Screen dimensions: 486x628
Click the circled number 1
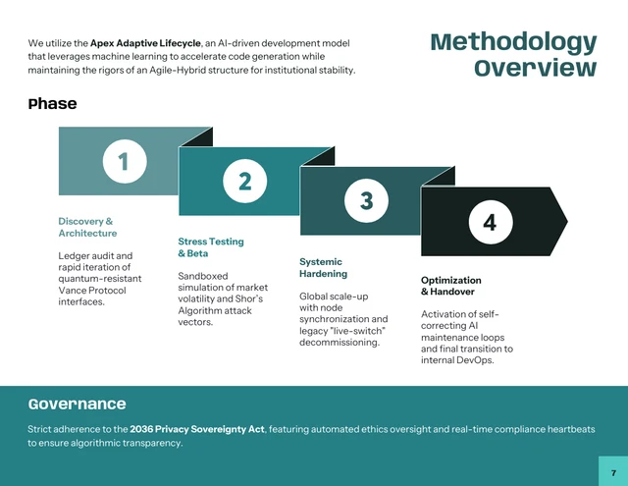pyautogui.click(x=124, y=161)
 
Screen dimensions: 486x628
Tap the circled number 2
pyautogui.click(x=245, y=180)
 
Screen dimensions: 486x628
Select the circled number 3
pyautogui.click(x=366, y=201)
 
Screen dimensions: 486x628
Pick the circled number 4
pyautogui.click(x=490, y=222)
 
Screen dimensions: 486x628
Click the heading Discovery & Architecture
pyautogui.click(x=86, y=227)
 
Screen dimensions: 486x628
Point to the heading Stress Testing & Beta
pyautogui.click(x=210, y=246)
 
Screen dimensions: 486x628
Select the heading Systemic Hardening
pyautogui.click(x=323, y=267)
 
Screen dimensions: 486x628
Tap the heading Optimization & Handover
pyautogui.click(x=450, y=286)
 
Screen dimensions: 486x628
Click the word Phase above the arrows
pyautogui.click(x=52, y=104)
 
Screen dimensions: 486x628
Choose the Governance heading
pyautogui.click(x=77, y=404)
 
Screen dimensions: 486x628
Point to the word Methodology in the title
pyautogui.click(x=513, y=42)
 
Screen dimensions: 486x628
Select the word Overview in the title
pyautogui.click(x=535, y=68)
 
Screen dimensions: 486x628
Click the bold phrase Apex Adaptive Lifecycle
pyautogui.click(x=145, y=43)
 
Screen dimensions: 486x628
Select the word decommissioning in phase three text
pyautogui.click(x=339, y=342)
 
